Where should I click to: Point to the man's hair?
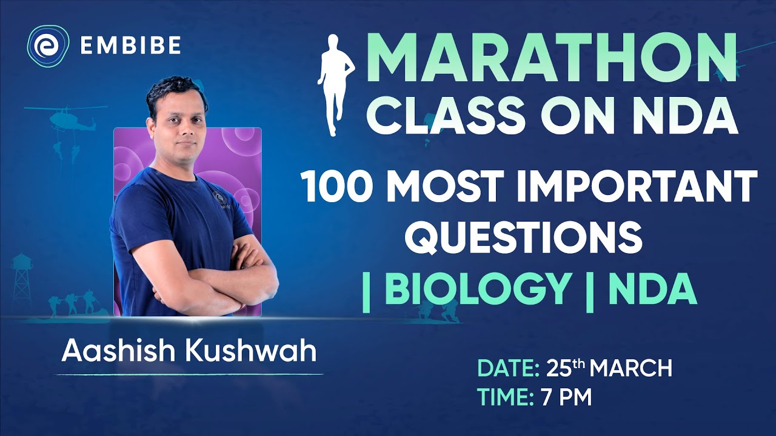click(x=176, y=90)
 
